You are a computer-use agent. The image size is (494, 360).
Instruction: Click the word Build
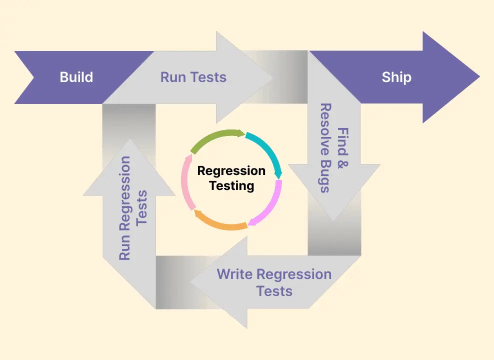tap(76, 77)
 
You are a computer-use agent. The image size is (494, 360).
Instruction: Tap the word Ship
tap(396, 77)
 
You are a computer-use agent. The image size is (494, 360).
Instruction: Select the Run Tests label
tap(193, 77)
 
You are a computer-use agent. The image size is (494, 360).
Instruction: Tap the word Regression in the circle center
tap(231, 171)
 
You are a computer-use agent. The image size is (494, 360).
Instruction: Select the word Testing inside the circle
tap(231, 186)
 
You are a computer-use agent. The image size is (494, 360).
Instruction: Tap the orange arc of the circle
tap(220, 223)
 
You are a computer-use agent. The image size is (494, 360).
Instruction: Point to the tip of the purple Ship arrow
tap(478, 77)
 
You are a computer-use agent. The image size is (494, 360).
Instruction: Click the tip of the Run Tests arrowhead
tap(272, 77)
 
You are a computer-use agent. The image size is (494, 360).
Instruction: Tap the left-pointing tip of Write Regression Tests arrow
tap(191, 282)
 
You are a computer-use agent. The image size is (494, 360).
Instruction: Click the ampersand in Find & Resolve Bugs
tap(342, 162)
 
